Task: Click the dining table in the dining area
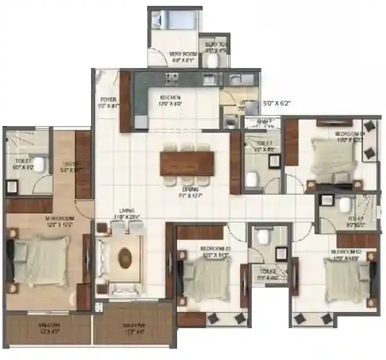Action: click(x=186, y=163)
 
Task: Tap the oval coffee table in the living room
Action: click(x=125, y=257)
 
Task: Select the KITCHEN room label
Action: click(x=170, y=98)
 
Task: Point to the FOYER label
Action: click(x=108, y=100)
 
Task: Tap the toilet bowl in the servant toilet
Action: click(x=213, y=60)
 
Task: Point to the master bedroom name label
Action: click(x=42, y=219)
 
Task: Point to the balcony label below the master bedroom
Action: click(x=49, y=326)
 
